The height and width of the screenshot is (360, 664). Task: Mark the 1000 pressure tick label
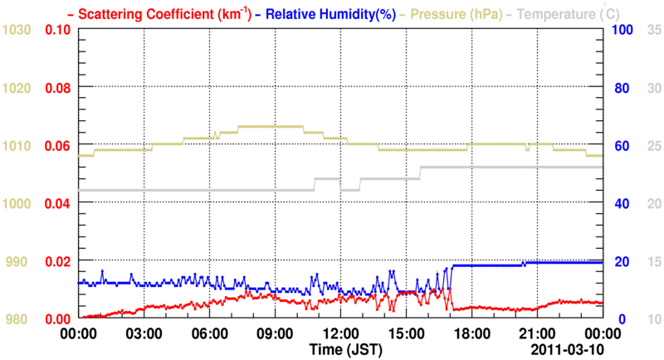[x=17, y=203]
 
